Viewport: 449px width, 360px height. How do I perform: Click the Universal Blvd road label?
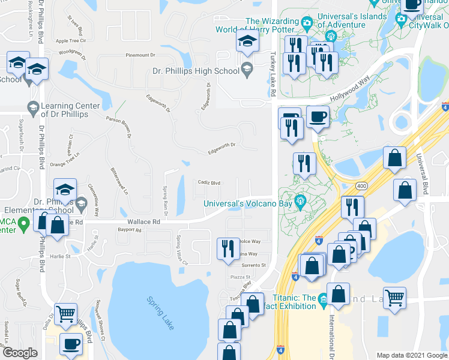pos(426,175)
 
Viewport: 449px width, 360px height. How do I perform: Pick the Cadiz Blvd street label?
pos(209,183)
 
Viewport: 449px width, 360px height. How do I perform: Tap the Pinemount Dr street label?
pos(140,55)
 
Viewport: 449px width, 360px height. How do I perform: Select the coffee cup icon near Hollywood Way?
pos(318,116)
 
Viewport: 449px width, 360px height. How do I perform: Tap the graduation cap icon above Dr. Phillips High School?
pos(246,42)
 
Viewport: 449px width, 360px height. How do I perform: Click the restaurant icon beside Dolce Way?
pos(228,248)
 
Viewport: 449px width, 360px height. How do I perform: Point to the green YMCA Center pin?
pos(23,226)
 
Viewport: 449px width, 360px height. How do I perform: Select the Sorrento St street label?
pos(253,265)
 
